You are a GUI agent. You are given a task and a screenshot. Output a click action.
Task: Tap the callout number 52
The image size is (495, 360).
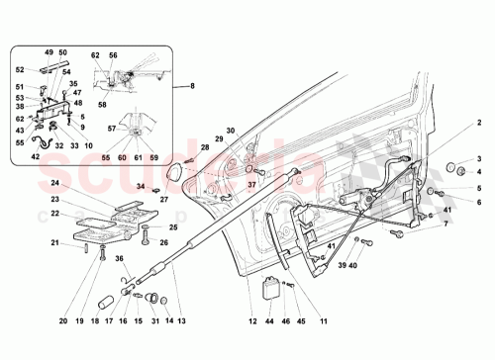point(20,69)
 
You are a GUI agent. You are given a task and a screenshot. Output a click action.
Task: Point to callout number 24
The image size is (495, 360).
point(55,184)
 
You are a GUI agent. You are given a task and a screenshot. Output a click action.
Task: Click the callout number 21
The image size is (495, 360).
point(55,243)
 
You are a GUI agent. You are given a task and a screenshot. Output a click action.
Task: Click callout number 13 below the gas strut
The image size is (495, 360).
point(180,320)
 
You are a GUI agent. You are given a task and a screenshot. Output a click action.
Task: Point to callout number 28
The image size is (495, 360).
point(205,148)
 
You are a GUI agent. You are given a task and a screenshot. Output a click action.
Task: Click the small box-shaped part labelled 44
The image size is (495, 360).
point(268,288)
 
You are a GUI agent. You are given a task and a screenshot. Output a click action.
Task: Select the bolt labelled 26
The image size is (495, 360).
point(146,236)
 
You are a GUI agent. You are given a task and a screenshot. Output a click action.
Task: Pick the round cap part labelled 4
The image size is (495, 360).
point(458,168)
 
